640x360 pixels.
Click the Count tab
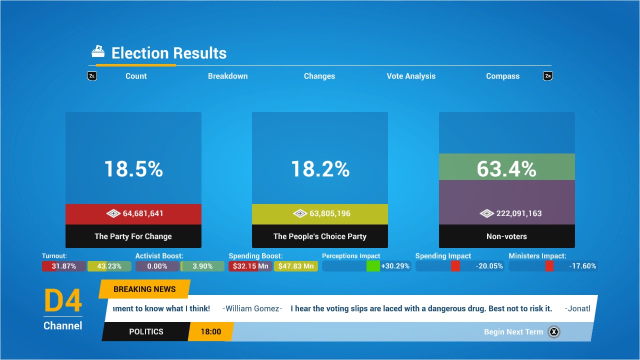click(136, 76)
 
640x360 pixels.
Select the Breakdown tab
click(227, 76)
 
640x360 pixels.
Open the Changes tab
click(319, 76)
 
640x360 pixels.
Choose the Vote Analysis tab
click(411, 76)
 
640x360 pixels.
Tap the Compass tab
click(502, 76)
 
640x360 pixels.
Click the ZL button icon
click(92, 76)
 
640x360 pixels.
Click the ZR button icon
click(548, 76)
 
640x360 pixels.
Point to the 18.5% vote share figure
click(133, 169)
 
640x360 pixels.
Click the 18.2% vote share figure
click(320, 169)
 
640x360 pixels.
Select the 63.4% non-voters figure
click(506, 169)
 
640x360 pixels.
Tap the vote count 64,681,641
click(143, 213)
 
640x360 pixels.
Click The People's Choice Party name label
click(320, 236)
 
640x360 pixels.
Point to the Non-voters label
click(506, 236)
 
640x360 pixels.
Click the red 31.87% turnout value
click(64, 266)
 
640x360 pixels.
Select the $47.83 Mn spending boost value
click(296, 266)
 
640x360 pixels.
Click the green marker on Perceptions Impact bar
click(373, 266)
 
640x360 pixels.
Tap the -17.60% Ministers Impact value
click(582, 266)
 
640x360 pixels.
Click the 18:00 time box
click(210, 331)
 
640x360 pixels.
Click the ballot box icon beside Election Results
click(98, 51)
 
